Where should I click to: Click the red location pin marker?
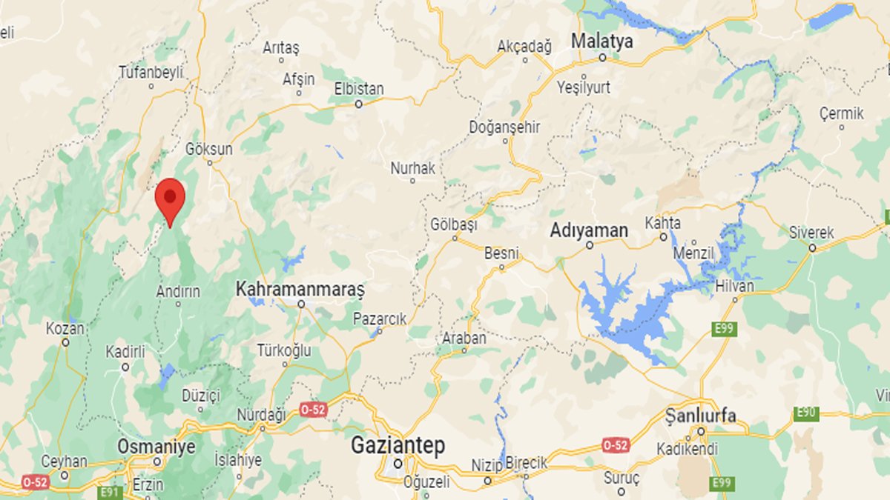171,199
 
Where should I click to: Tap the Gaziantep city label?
398,446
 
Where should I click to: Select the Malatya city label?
601,41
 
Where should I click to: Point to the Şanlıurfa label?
701,415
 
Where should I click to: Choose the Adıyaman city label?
589,230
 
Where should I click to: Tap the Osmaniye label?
156,447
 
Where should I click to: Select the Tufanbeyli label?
151,73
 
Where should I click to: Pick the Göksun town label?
210,149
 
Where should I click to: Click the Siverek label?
811,233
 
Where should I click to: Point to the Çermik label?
842,114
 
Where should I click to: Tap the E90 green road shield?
806,413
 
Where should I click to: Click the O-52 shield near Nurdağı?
313,409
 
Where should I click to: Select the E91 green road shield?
110,492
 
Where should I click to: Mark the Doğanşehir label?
504,127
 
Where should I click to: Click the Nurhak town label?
413,168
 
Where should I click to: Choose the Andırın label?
178,292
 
